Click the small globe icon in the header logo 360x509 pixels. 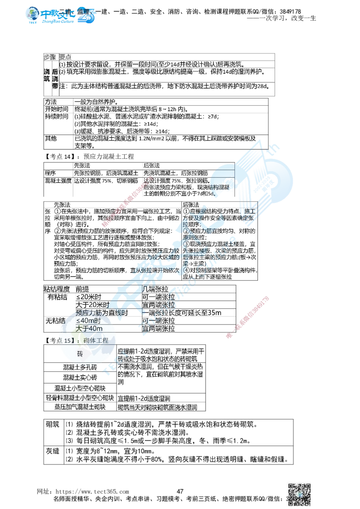coord(32,15)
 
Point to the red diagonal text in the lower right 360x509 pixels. coord(248,317)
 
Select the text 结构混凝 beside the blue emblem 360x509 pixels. coord(220,186)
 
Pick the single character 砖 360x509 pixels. coord(80,354)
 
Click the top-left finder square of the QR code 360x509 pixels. coord(291,486)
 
